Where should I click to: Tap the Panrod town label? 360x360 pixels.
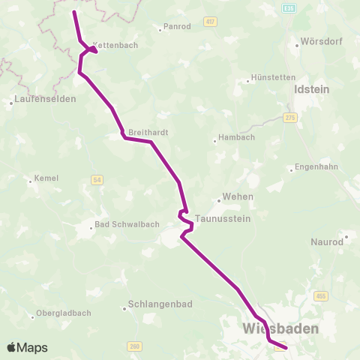click(x=176, y=27)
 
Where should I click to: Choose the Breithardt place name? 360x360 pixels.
click(x=145, y=132)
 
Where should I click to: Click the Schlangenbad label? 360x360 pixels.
click(x=155, y=307)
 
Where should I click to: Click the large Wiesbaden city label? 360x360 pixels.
click(x=281, y=329)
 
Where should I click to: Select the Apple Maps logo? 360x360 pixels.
click(x=27, y=348)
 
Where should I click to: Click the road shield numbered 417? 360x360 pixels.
click(x=209, y=22)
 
